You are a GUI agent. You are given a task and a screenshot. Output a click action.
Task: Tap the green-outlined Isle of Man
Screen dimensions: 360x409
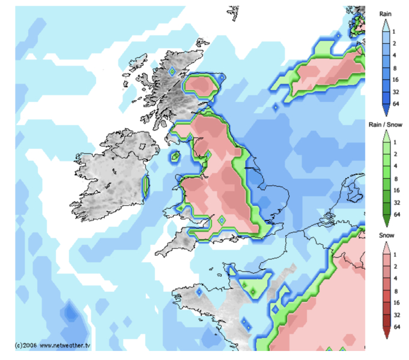(175, 157)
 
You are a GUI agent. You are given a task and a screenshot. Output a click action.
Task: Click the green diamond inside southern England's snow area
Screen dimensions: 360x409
(222, 221)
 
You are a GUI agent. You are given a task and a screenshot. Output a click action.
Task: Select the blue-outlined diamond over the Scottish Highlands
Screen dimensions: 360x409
(171, 71)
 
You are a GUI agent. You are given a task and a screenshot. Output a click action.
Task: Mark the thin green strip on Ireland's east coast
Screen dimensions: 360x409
(145, 186)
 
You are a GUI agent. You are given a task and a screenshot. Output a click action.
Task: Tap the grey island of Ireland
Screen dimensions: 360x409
(111, 174)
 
